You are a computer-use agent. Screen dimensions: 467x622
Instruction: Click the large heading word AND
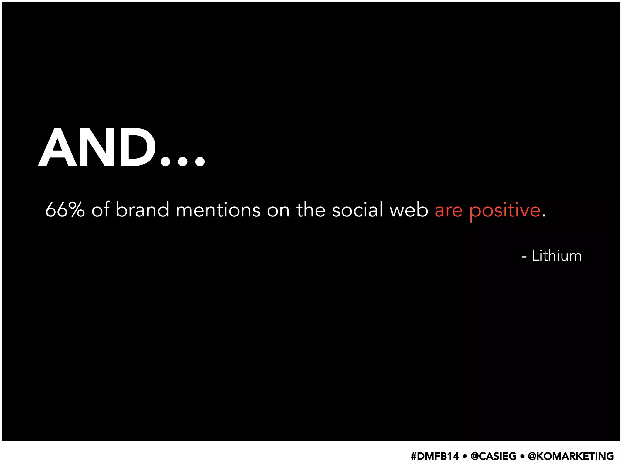(97, 147)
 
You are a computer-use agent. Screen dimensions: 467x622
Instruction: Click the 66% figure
(65, 210)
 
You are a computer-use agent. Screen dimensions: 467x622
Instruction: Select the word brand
(142, 210)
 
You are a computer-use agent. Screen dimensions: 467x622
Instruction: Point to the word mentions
(218, 210)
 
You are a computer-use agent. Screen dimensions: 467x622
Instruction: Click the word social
(357, 210)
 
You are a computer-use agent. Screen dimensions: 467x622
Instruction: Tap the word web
(409, 210)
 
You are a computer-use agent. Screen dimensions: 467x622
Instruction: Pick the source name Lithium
(556, 256)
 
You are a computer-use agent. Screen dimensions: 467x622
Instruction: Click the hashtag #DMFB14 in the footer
(435, 456)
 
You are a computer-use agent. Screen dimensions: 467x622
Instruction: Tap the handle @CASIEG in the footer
(493, 456)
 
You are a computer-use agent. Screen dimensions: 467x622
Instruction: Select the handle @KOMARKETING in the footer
(571, 456)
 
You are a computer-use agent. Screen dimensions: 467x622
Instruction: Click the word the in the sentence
(311, 210)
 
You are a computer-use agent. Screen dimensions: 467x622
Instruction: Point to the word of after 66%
(100, 210)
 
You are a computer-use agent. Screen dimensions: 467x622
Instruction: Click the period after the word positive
(544, 216)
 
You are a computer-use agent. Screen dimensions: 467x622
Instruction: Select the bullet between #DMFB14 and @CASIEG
(465, 456)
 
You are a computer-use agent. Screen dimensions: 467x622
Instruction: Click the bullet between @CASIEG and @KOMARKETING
(522, 456)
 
